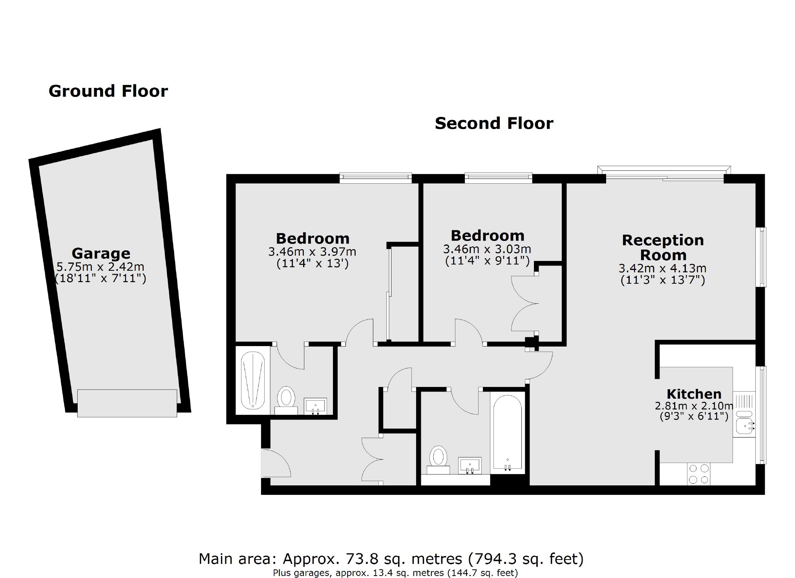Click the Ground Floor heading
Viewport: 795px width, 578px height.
108,91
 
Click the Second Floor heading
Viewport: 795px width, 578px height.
494,123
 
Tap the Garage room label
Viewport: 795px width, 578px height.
101,253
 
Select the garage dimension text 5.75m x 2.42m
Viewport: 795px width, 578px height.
101,267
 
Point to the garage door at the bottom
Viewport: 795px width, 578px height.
127,403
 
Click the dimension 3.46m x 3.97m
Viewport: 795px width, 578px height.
312,251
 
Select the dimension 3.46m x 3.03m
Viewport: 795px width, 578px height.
487,249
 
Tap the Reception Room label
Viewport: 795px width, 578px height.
663,248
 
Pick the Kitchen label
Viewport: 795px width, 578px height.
694,394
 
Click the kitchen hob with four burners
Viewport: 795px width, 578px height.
699,474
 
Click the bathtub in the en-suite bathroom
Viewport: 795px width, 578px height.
252,380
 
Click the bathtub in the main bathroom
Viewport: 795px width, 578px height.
508,432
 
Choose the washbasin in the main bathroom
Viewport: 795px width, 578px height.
470,465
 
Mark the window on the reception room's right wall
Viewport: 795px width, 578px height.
762,257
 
